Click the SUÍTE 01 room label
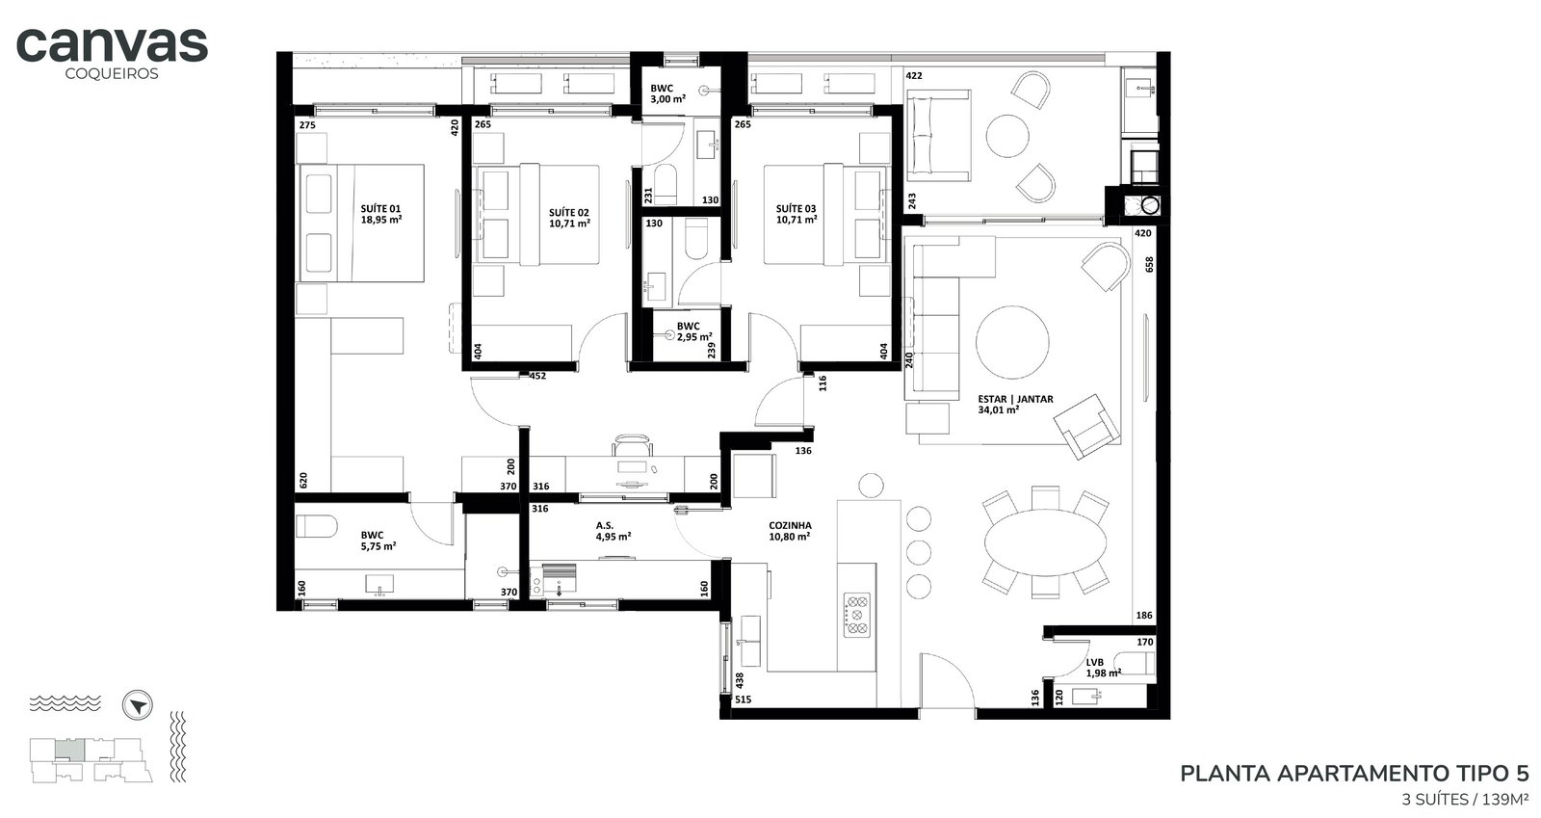[x=380, y=214]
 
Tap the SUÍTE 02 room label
[x=569, y=218]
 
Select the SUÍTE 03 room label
[x=796, y=214]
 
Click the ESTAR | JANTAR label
[x=1015, y=404]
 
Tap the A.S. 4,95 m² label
[x=613, y=531]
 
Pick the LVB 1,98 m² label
[x=1104, y=668]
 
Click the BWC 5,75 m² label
[x=379, y=541]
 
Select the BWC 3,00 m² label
[x=668, y=93]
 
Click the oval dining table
[x=1046, y=542]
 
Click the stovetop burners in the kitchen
[x=856, y=615]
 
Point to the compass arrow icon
[x=138, y=706]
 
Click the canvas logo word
[x=112, y=45]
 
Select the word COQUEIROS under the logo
[x=112, y=73]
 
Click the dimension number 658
[x=1149, y=264]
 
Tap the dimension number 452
[x=537, y=376]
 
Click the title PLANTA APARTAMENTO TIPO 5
[x=1354, y=774]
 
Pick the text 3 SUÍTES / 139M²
[x=1465, y=800]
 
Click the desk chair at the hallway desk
[x=632, y=444]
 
